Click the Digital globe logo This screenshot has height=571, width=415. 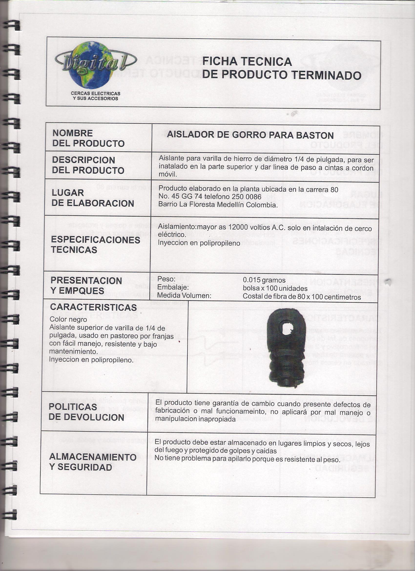tap(90, 65)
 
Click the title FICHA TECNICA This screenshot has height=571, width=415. tap(247, 62)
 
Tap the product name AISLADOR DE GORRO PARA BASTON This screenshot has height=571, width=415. tap(250, 135)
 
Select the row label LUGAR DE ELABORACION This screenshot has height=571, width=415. tap(92, 198)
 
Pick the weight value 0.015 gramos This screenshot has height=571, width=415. tap(264, 280)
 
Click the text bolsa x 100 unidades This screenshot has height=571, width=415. tap(275, 288)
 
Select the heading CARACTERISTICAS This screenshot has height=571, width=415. tap(93, 307)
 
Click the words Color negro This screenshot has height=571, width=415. tap(68, 319)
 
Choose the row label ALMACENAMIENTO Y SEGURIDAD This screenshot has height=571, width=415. tap(92, 462)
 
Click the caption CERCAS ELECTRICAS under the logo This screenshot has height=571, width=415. tap(95, 93)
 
